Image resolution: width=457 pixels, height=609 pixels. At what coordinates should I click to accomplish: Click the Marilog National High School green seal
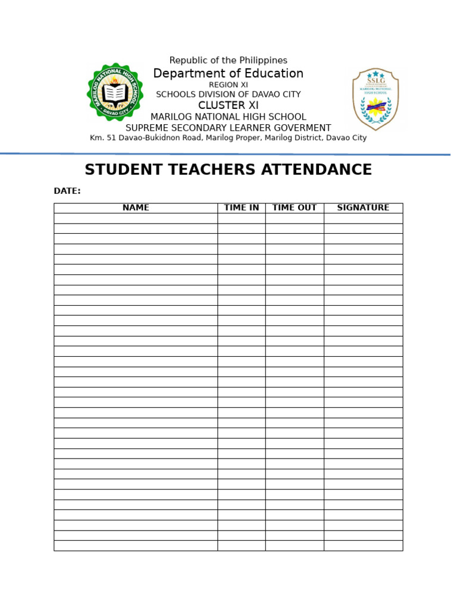pyautogui.click(x=115, y=92)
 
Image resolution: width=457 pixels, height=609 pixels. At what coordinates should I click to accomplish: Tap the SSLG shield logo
pyautogui.click(x=375, y=99)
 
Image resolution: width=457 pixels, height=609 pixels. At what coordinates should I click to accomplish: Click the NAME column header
pyautogui.click(x=136, y=208)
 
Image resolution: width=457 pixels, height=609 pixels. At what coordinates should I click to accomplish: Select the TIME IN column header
pyautogui.click(x=241, y=208)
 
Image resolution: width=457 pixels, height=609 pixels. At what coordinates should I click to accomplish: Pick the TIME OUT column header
pyautogui.click(x=295, y=208)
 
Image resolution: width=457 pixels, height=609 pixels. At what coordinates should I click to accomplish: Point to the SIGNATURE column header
pyautogui.click(x=363, y=208)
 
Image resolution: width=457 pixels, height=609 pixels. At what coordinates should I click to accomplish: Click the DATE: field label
pyautogui.click(x=67, y=192)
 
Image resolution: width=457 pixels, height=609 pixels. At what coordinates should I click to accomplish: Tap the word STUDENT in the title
pyautogui.click(x=123, y=170)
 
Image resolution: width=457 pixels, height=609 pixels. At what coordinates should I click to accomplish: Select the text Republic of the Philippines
pyautogui.click(x=228, y=61)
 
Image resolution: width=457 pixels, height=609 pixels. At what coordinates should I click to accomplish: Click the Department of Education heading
pyautogui.click(x=228, y=74)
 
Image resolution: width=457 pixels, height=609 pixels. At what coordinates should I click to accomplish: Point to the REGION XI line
pyautogui.click(x=228, y=85)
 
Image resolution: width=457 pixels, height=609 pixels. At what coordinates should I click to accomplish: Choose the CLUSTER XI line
pyautogui.click(x=228, y=105)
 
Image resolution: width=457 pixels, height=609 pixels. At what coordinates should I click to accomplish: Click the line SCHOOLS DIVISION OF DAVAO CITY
pyautogui.click(x=228, y=95)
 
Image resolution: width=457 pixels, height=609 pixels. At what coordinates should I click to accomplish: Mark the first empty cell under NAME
pyautogui.click(x=136, y=218)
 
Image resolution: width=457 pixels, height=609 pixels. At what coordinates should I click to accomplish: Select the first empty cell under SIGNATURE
pyautogui.click(x=363, y=218)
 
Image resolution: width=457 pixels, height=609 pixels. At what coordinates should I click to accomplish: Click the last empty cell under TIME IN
pyautogui.click(x=241, y=545)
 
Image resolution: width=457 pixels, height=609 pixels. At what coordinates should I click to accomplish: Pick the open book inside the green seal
pyautogui.click(x=115, y=93)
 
